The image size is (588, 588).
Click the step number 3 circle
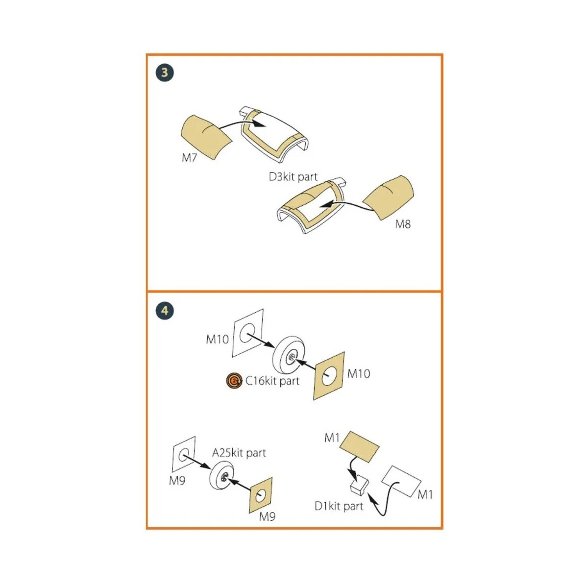(165, 73)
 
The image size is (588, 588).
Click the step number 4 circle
(165, 311)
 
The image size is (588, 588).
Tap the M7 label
(189, 158)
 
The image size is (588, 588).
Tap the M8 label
(403, 224)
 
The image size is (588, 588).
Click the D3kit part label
(293, 177)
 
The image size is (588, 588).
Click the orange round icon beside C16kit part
(235, 381)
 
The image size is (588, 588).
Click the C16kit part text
(272, 381)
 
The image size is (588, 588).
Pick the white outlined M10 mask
(248, 333)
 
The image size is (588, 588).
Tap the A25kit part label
(239, 453)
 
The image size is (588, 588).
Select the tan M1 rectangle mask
(359, 446)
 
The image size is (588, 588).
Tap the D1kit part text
(339, 506)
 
